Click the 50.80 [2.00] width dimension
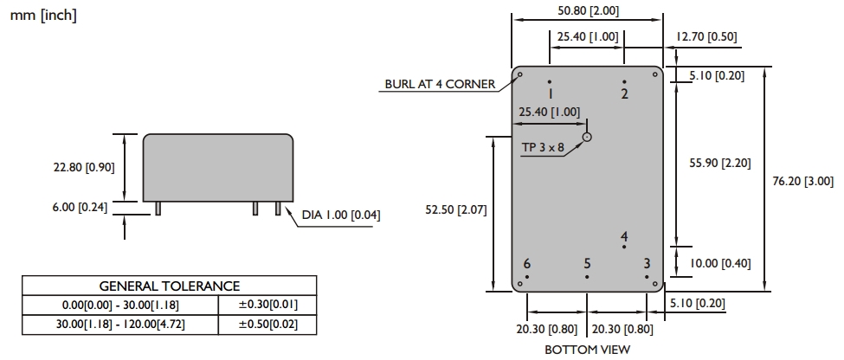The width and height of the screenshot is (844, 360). click(x=587, y=11)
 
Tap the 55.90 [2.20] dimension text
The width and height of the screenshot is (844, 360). click(x=719, y=162)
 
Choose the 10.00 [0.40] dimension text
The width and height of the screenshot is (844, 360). click(x=720, y=263)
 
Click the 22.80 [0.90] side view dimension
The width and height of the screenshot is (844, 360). click(x=85, y=167)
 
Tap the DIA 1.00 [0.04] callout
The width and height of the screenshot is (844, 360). click(x=341, y=215)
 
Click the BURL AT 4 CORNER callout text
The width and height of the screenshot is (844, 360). click(x=440, y=84)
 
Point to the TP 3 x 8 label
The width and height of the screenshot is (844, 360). click(x=543, y=148)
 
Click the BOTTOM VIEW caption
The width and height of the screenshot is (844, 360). click(x=587, y=350)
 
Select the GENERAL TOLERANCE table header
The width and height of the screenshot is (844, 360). click(x=170, y=286)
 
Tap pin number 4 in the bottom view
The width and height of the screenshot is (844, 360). click(x=624, y=236)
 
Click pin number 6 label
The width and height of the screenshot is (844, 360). click(x=526, y=264)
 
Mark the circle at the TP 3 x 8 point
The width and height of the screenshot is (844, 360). click(x=587, y=136)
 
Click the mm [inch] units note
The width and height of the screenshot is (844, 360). click(x=43, y=16)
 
